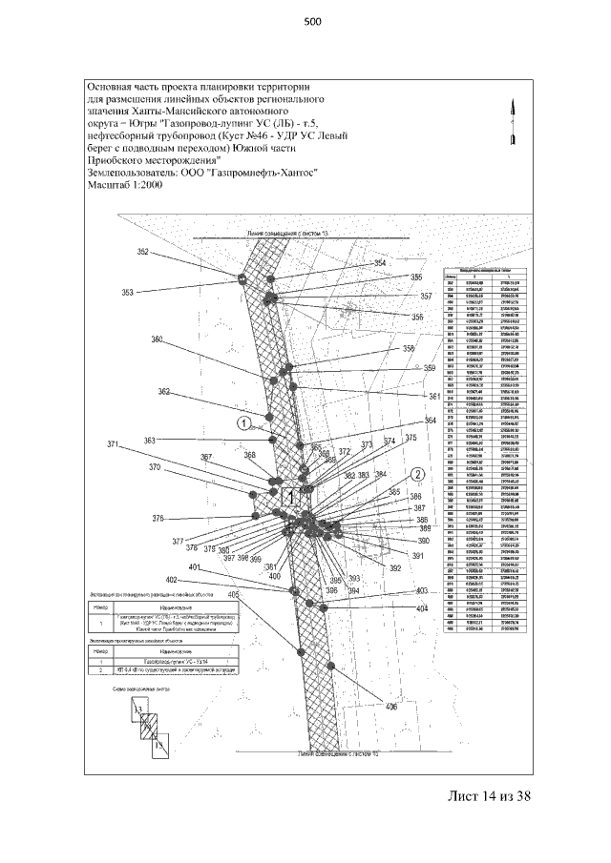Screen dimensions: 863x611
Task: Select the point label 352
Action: tap(143, 252)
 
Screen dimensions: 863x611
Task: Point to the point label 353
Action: tap(128, 293)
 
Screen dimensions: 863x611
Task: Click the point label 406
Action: tap(390, 707)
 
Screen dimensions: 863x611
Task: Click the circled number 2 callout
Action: tap(417, 473)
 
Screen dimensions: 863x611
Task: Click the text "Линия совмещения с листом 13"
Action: tap(286, 232)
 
